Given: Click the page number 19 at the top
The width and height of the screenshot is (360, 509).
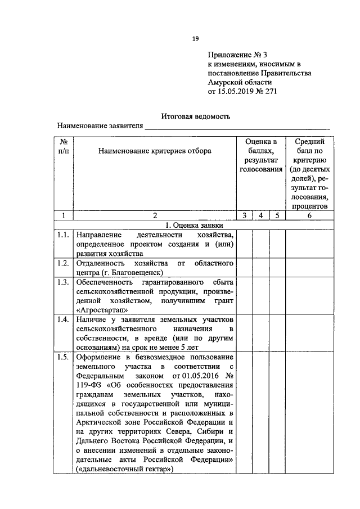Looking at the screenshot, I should click(x=195, y=38).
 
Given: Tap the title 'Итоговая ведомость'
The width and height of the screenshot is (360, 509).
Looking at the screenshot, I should click(x=196, y=116).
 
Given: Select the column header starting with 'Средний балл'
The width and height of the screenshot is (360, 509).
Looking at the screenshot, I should click(x=309, y=173).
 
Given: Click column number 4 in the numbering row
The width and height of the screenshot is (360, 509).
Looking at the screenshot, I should click(x=261, y=215).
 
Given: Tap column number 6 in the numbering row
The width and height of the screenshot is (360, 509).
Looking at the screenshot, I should click(x=309, y=215).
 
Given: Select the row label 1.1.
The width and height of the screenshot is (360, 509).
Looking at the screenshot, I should click(x=64, y=234).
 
